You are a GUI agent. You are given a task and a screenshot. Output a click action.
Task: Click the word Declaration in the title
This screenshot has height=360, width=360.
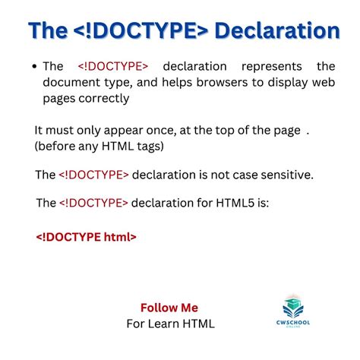click(276, 30)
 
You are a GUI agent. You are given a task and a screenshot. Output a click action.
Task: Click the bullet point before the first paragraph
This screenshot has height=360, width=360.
click(35, 67)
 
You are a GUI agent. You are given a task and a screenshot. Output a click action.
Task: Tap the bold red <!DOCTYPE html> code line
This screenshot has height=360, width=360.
click(86, 236)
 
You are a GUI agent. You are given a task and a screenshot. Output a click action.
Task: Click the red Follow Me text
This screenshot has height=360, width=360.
click(169, 308)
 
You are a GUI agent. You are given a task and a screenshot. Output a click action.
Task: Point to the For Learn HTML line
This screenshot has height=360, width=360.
click(170, 324)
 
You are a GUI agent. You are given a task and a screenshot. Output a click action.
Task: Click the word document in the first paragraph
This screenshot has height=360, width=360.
click(68, 82)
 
